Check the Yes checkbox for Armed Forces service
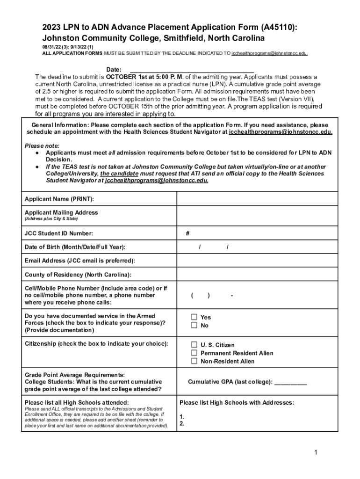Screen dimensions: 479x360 [194, 317]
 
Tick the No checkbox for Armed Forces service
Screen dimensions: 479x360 [194, 326]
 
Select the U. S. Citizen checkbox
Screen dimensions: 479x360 [194, 345]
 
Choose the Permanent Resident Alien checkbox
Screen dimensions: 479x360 [194, 353]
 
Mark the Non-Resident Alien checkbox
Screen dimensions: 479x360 [194, 362]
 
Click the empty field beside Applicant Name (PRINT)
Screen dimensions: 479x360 [257, 199]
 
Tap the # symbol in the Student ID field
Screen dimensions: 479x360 [187, 233]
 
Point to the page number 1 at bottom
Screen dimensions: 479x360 [316, 452]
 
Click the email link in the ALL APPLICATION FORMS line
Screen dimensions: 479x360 [269, 54]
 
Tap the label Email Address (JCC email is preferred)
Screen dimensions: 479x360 [79, 261]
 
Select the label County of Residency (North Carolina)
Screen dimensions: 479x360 [78, 275]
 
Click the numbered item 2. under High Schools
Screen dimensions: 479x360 [182, 424]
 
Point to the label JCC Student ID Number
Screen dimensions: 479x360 [58, 233]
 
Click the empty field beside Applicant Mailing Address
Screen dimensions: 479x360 [257, 215]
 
